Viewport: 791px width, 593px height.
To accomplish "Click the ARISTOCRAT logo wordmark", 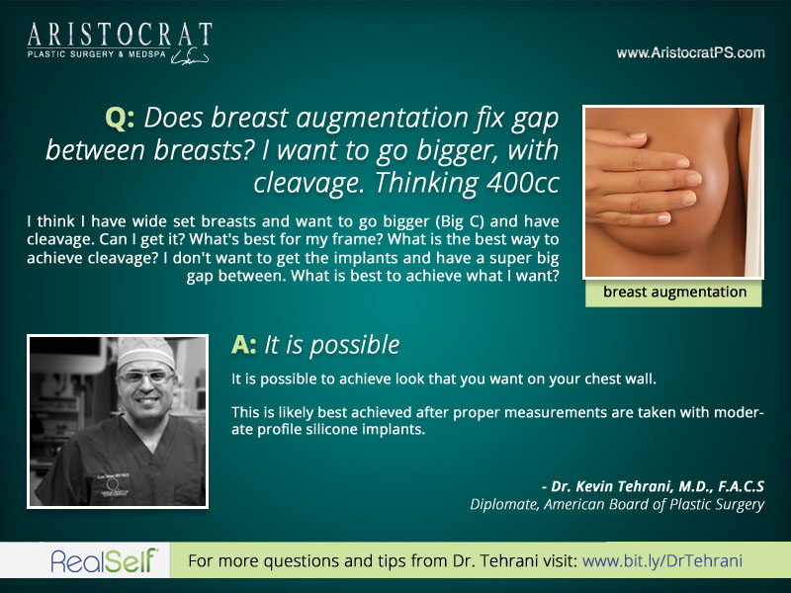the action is (120, 36).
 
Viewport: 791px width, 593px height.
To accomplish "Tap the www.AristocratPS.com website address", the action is (690, 53).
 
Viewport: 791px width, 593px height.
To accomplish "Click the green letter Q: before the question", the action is (120, 119).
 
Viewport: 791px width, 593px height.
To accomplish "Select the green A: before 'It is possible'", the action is (243, 345).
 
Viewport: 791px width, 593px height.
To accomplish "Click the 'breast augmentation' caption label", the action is (674, 292).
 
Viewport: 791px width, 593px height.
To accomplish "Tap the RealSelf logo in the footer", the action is (104, 560).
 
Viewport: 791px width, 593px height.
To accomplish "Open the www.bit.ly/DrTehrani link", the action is (662, 561).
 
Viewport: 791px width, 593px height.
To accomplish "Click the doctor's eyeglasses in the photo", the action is (145, 377).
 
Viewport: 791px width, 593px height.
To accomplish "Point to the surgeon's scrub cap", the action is (145, 353).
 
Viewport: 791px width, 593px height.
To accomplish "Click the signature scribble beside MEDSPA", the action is (190, 57).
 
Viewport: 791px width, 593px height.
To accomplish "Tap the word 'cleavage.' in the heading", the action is (309, 183).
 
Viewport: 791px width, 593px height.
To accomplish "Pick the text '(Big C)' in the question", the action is (456, 221).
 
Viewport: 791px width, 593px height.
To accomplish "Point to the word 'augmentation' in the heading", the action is (382, 119).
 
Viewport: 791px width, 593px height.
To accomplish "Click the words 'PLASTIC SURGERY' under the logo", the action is (70, 54).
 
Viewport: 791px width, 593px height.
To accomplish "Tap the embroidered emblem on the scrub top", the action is (112, 484).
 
